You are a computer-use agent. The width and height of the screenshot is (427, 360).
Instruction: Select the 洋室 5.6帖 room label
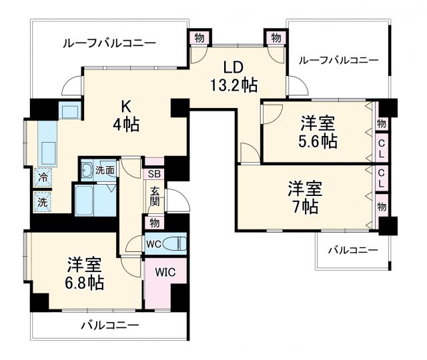(x=318, y=131)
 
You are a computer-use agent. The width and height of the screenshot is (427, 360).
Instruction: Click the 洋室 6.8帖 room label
(x=84, y=273)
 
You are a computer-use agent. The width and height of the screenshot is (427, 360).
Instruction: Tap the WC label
(x=153, y=243)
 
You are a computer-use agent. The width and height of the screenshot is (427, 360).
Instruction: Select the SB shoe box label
(x=153, y=174)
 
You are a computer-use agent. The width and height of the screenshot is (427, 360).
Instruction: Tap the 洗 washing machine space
(x=43, y=200)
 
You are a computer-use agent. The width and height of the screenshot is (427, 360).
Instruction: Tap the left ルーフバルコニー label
(x=109, y=43)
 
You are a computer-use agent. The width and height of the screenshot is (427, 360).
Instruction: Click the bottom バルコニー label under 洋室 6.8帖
(x=109, y=326)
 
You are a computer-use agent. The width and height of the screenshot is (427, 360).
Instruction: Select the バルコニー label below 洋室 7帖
(x=352, y=250)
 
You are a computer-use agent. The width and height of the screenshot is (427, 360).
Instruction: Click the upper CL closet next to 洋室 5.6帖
(x=381, y=147)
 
